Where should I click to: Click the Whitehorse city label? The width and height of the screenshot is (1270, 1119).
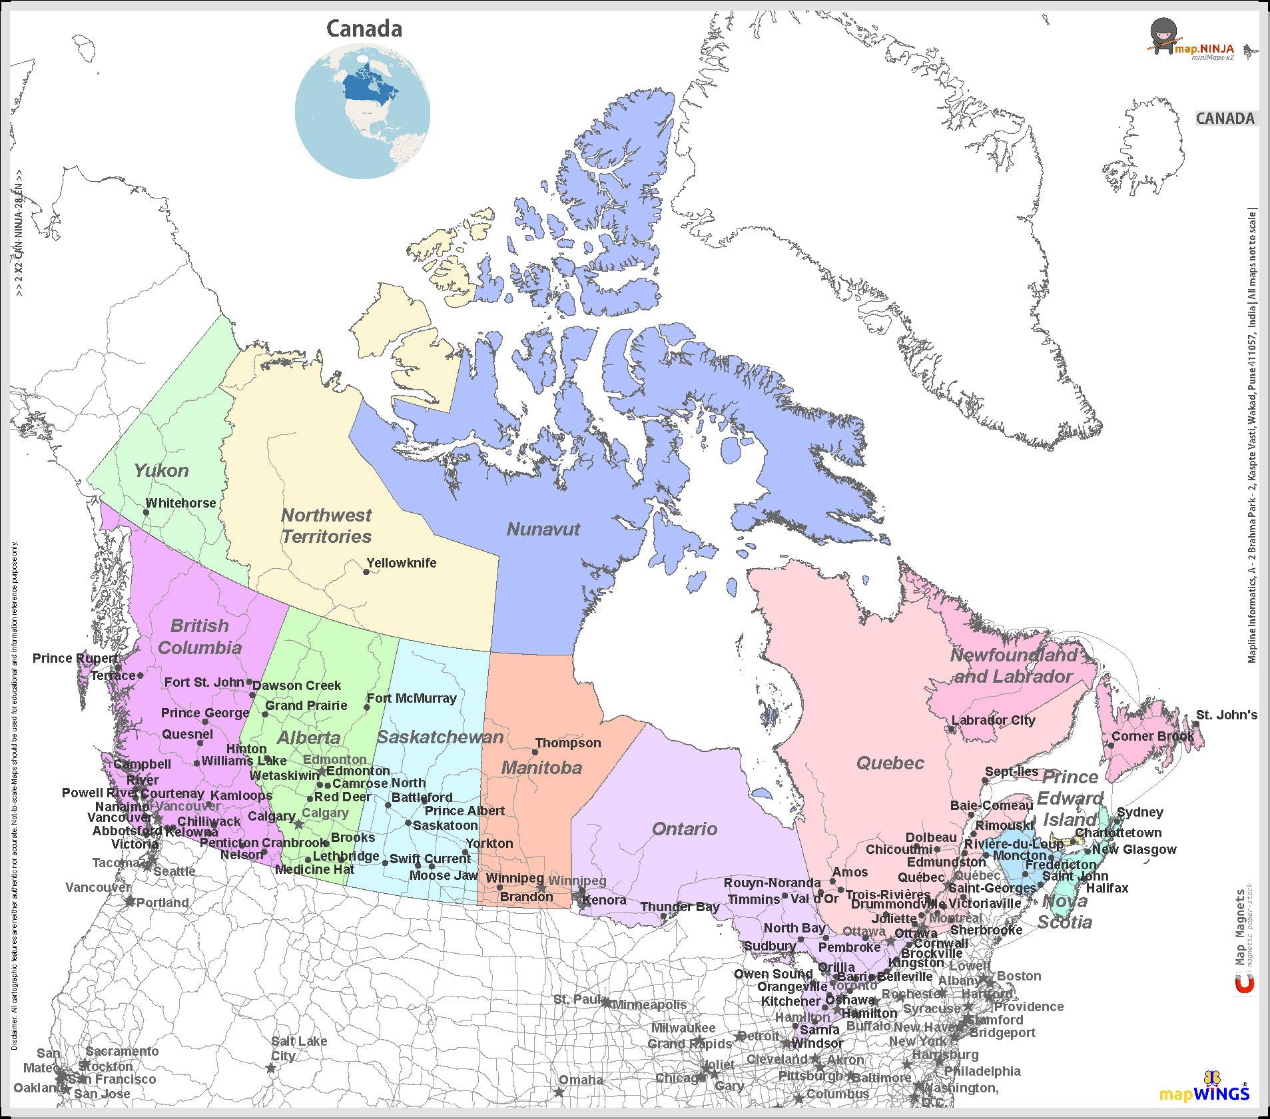coord(181,503)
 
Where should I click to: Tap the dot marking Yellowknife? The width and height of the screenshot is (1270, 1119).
coord(366,572)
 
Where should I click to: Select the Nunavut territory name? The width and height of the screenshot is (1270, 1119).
coord(543,530)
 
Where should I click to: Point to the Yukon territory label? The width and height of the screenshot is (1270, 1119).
coord(161,471)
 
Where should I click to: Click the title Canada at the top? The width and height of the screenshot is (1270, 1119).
coord(364,29)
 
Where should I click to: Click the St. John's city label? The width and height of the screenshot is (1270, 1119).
coord(1227,715)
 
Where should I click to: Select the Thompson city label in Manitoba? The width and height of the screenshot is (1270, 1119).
coord(568,743)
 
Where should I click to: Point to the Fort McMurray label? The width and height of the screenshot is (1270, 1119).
coord(412,698)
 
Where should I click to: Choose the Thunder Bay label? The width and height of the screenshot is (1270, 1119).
coord(680,907)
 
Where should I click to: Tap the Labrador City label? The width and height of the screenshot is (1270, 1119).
coord(994,720)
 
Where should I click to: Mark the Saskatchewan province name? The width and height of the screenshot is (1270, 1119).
coord(440,737)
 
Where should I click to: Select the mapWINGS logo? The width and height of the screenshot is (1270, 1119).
coord(1204,1094)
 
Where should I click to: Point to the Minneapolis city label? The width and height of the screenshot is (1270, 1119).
coord(649,1004)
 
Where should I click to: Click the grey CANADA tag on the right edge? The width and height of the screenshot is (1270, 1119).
coord(1225,119)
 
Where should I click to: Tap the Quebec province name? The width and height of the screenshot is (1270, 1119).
coord(890,763)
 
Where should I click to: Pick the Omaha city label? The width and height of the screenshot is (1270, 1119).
coord(581,1080)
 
